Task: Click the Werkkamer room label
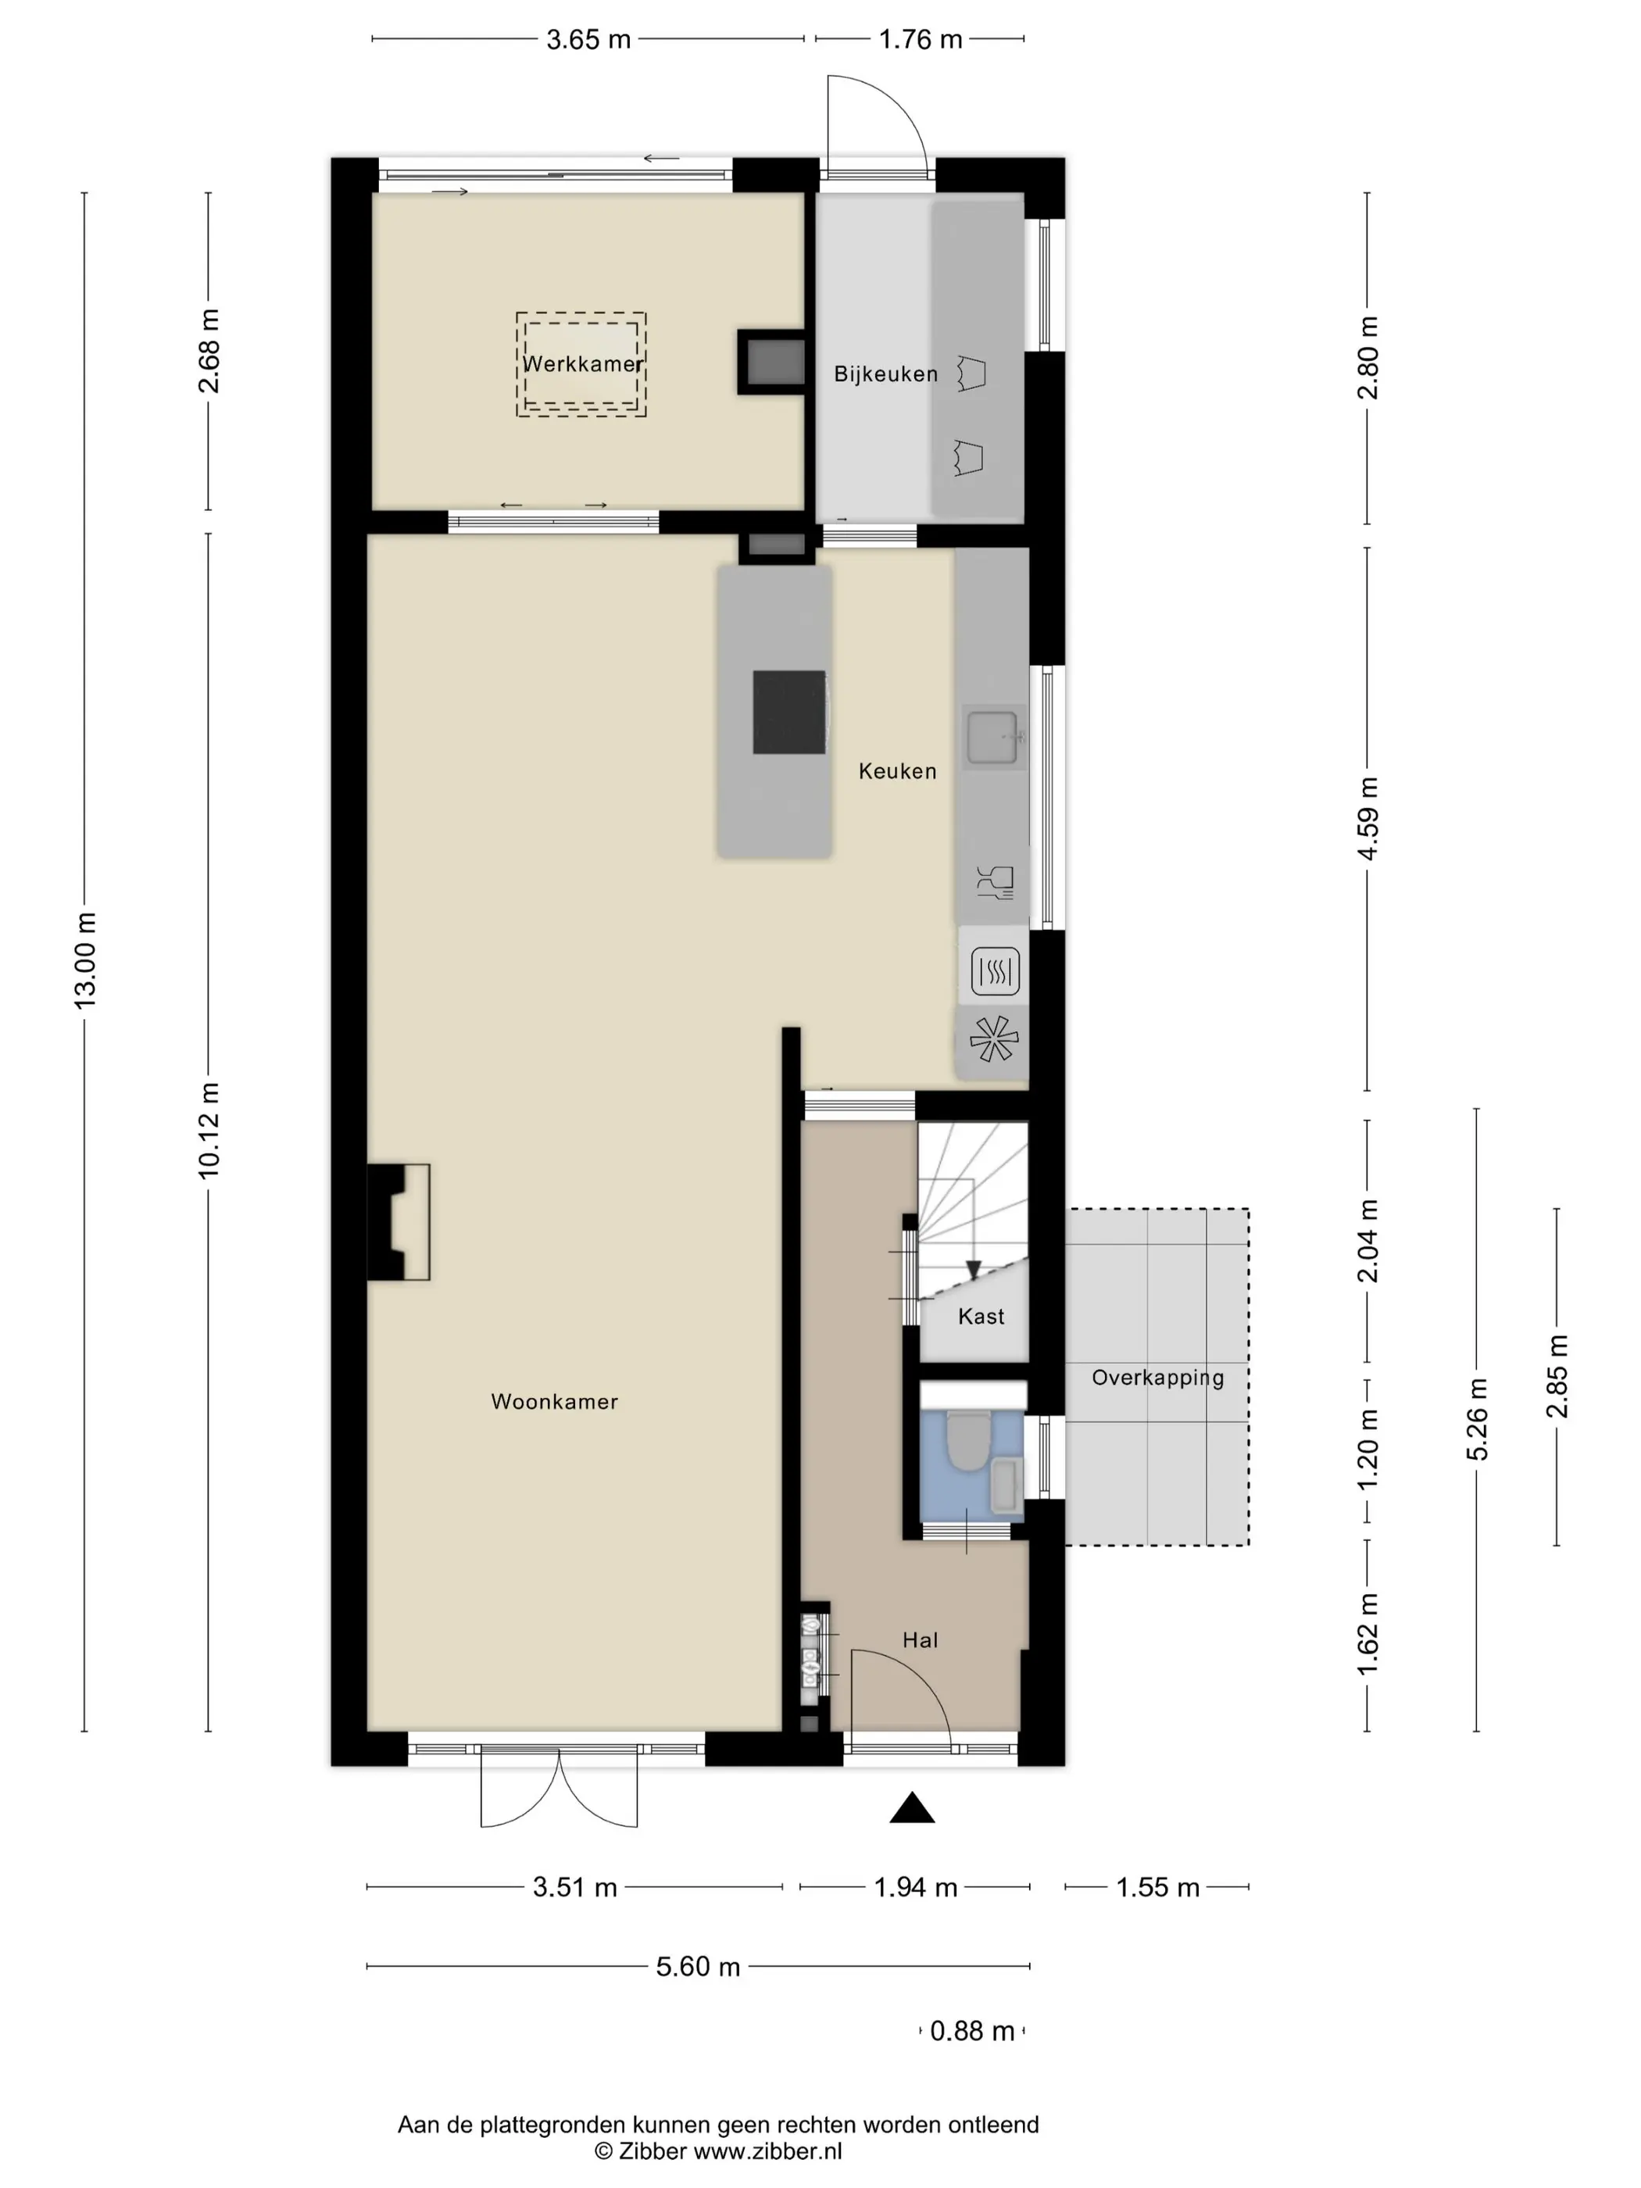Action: point(583,364)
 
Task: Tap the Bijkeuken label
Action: point(885,374)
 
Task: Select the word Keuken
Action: point(897,770)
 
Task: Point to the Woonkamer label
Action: point(554,1402)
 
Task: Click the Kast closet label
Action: point(981,1317)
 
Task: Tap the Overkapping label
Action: point(1157,1378)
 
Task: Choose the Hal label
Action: point(920,1640)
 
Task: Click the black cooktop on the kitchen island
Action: point(789,712)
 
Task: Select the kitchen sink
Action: point(993,738)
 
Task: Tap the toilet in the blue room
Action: point(964,1439)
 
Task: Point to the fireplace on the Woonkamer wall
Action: point(398,1223)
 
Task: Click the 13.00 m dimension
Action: point(85,960)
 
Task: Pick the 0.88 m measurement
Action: point(972,2031)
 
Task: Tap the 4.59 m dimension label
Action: point(1367,819)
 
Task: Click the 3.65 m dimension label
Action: point(588,40)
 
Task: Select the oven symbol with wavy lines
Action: point(995,971)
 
